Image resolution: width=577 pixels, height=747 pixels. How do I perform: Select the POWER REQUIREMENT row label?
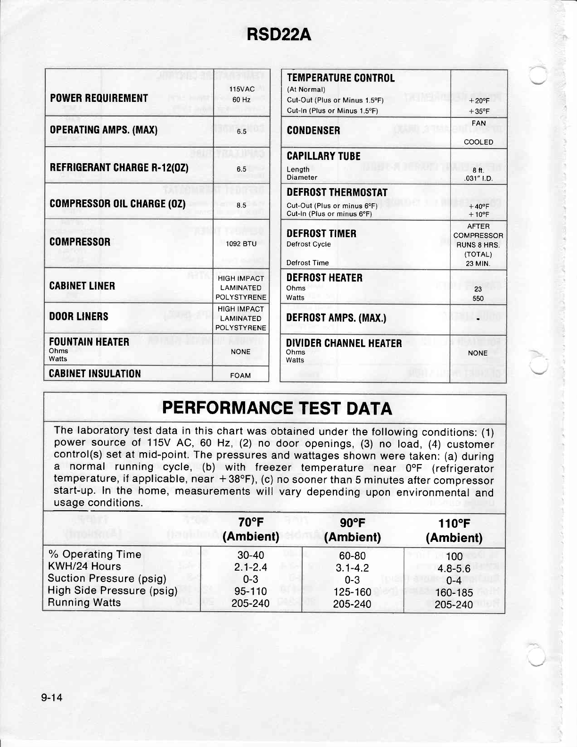99,98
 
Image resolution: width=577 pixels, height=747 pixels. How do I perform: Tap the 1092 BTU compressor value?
241,244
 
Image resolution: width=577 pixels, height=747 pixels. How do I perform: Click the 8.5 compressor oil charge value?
241,205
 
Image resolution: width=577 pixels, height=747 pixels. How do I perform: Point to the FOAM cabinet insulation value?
240,376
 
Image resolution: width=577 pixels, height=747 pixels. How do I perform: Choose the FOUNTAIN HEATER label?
89,341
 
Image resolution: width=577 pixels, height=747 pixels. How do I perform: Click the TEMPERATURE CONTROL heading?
340,78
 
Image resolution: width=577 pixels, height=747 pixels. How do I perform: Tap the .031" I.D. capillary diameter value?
478,179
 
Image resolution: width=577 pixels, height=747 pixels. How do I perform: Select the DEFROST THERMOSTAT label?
337,192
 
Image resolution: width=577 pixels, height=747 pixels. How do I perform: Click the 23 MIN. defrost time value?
478,264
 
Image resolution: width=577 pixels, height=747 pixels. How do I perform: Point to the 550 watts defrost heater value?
478,299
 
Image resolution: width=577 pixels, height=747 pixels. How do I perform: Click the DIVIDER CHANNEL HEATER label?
344,343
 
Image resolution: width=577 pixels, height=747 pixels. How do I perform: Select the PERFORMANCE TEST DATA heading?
277,408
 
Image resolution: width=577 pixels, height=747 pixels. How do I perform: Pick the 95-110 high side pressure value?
251,591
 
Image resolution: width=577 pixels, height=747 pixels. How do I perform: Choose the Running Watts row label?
84,602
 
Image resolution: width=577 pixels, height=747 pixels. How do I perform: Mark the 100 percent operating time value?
454,556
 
